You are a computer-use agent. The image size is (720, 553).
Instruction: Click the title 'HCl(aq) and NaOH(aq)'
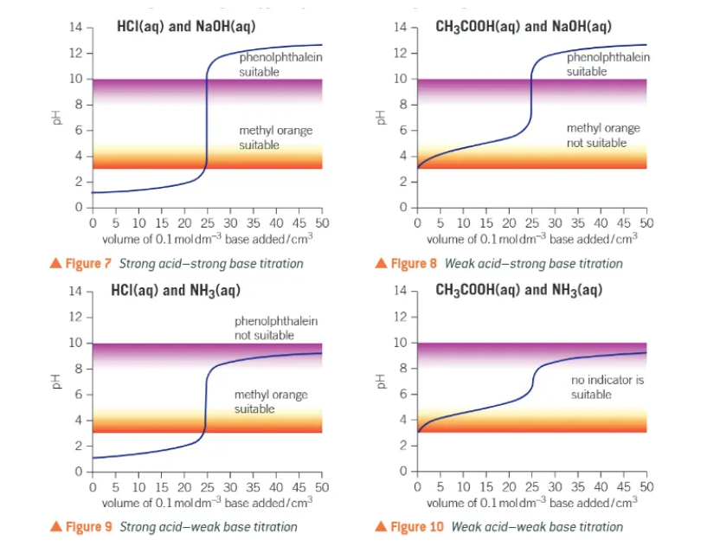[x=185, y=27]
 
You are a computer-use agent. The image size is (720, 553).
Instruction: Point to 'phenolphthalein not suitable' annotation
[x=276, y=328]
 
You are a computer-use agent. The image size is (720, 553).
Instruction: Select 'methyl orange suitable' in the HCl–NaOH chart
[x=276, y=138]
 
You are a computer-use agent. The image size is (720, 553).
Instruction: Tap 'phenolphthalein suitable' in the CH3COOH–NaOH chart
[x=607, y=64]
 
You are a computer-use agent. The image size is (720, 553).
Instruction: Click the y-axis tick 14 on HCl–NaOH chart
[x=76, y=28]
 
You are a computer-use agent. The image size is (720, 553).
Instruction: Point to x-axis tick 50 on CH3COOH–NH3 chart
[x=646, y=488]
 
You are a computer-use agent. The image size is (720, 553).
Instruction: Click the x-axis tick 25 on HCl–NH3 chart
[x=206, y=488]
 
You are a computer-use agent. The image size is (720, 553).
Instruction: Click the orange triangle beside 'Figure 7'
[x=56, y=263]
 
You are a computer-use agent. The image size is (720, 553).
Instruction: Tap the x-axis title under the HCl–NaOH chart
[x=207, y=240]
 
